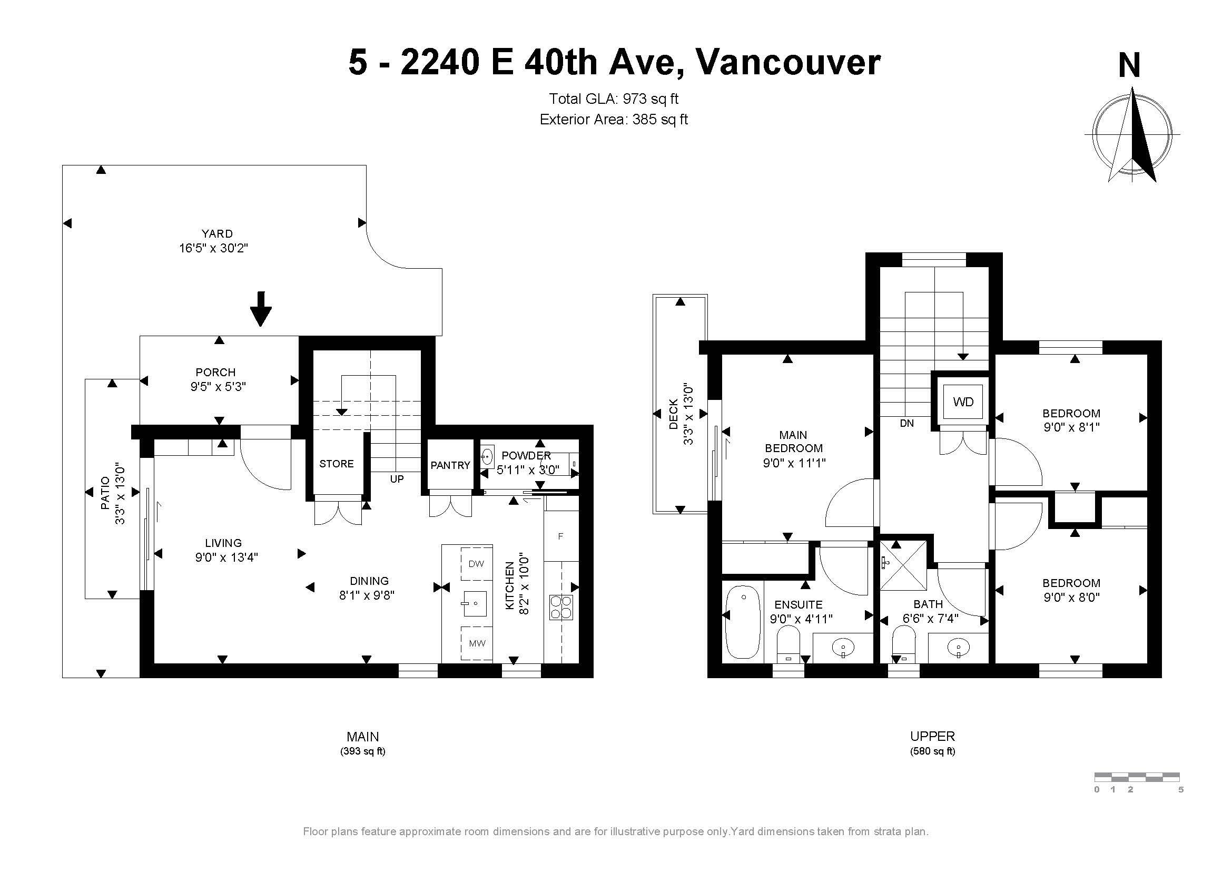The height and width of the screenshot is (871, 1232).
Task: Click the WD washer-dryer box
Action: pyautogui.click(x=963, y=402)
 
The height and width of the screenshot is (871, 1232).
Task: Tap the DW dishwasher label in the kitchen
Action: pyautogui.click(x=476, y=563)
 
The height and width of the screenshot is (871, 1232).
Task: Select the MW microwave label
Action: pyautogui.click(x=477, y=643)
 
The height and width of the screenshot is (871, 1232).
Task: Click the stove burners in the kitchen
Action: pyautogui.click(x=561, y=608)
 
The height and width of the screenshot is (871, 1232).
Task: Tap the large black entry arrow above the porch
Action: pyautogui.click(x=261, y=309)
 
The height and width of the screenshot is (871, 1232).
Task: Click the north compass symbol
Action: pyautogui.click(x=1132, y=134)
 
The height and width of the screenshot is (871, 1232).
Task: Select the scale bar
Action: pyautogui.click(x=1137, y=776)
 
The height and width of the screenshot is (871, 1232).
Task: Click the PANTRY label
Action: pyautogui.click(x=450, y=465)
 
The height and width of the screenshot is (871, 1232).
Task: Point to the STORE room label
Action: pyautogui.click(x=337, y=464)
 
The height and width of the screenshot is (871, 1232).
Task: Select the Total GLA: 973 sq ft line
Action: pyautogui.click(x=614, y=99)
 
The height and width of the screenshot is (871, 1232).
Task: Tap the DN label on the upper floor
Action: pyautogui.click(x=907, y=424)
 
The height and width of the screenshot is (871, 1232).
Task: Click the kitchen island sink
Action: pyautogui.click(x=475, y=603)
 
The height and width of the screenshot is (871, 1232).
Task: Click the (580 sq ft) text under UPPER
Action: pyautogui.click(x=933, y=751)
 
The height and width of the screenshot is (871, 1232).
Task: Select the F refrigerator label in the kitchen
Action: pyautogui.click(x=561, y=536)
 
